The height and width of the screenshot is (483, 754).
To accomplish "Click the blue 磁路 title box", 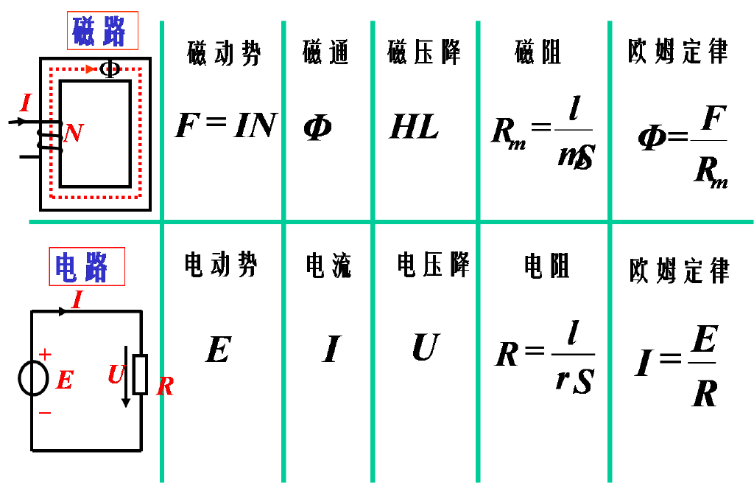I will click(x=102, y=31).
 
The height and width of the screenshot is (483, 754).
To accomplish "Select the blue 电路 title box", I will click(x=86, y=267).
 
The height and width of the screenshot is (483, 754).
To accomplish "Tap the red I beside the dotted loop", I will click(x=26, y=103).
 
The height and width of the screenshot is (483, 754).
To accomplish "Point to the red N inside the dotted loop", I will click(x=73, y=133).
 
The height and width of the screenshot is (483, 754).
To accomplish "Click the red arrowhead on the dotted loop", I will click(x=90, y=69).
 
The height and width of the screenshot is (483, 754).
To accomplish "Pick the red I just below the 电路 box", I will click(x=77, y=299).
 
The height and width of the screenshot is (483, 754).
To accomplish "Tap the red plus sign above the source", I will click(x=45, y=355).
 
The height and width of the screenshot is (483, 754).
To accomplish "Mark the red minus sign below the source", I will click(x=45, y=414).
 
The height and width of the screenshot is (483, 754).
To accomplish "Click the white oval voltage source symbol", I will click(x=33, y=378).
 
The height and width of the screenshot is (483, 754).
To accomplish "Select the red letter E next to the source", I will click(x=65, y=381).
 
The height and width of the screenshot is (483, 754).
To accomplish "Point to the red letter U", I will click(x=116, y=375).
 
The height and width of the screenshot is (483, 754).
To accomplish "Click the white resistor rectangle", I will click(x=140, y=375).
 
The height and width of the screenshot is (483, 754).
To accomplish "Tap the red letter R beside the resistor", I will click(x=165, y=386).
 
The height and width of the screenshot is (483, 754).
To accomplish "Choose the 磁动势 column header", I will click(x=223, y=53).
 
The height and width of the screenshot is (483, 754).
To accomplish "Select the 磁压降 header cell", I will click(x=424, y=52).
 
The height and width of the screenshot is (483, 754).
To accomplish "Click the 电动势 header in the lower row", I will click(x=222, y=265).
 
